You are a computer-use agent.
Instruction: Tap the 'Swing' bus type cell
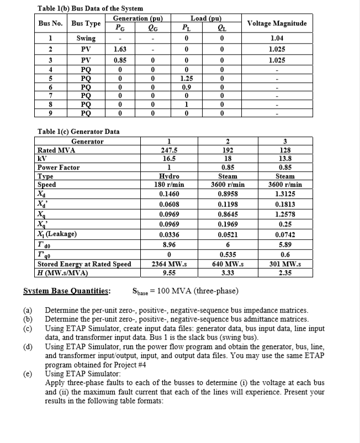(x=86, y=38)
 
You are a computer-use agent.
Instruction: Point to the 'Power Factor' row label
(x=58, y=167)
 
